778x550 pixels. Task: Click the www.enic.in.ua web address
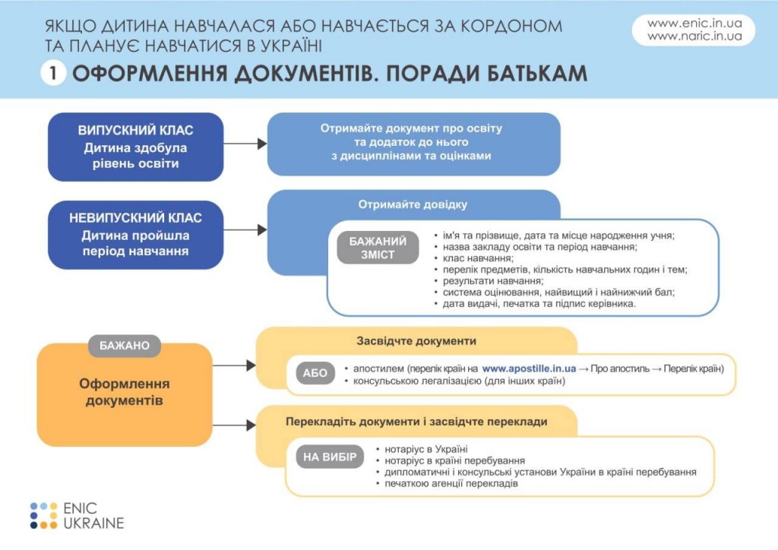tap(694, 24)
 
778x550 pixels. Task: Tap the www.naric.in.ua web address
tap(694, 36)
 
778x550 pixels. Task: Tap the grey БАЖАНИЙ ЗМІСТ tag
tap(378, 248)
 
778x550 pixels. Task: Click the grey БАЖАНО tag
tap(125, 345)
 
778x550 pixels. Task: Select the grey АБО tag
tap(315, 373)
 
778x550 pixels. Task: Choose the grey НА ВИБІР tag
tap(330, 457)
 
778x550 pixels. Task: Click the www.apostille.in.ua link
tap(529, 368)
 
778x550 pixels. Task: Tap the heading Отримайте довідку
tap(413, 204)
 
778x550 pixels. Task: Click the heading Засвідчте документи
tap(416, 341)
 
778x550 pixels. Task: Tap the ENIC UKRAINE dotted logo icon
tap(44, 515)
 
